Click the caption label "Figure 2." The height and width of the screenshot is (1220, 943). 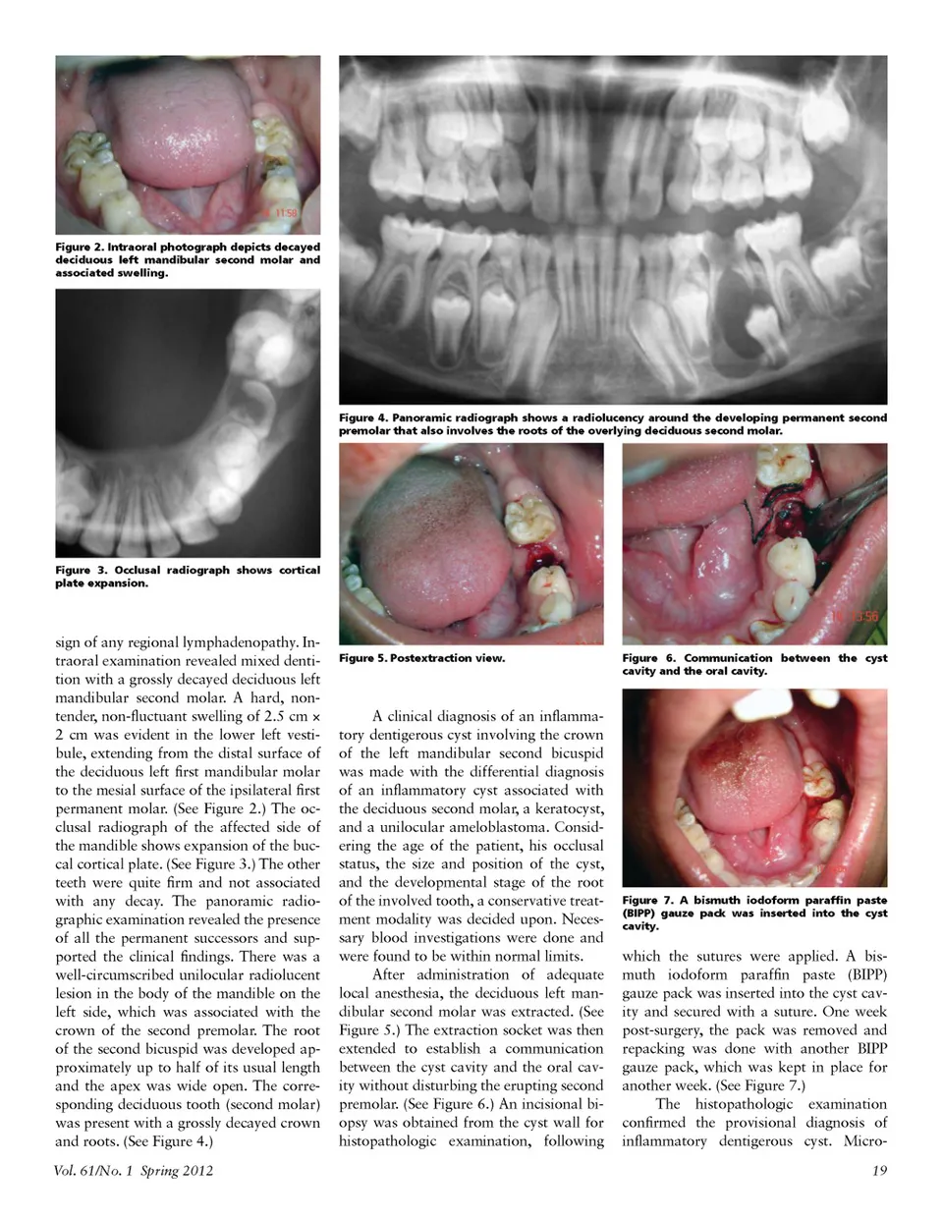point(78,247)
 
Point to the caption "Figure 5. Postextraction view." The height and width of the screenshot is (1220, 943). point(421,658)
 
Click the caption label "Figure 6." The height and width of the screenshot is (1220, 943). point(649,658)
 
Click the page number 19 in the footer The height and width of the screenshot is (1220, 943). point(878,1170)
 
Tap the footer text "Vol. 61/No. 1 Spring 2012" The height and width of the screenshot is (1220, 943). point(135,1170)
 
